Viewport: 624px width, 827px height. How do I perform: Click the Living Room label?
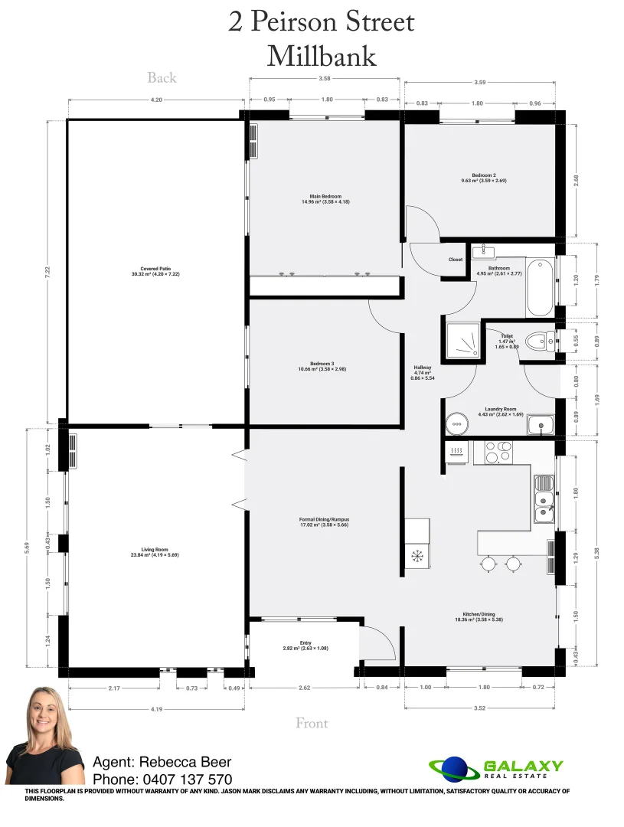(x=154, y=549)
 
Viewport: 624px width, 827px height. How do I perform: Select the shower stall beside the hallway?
(x=462, y=339)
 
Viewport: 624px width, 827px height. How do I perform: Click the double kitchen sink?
(x=543, y=498)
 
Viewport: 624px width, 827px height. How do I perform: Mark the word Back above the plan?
(x=162, y=77)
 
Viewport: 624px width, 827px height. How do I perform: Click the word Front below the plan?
(x=312, y=723)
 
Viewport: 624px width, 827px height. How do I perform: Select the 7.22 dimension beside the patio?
(x=47, y=270)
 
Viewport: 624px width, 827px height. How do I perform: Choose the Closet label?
(x=456, y=260)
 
